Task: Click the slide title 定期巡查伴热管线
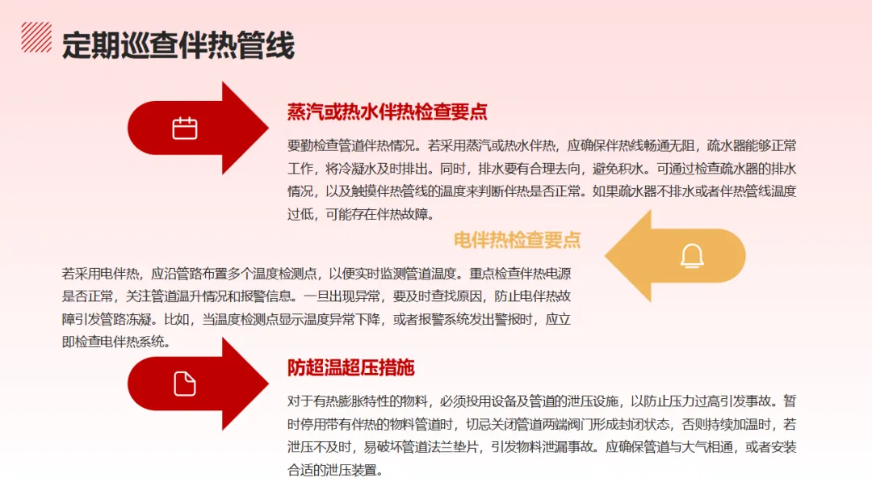178,45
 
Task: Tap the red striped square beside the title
36,37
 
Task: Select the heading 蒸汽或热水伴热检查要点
388,112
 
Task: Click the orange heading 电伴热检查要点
518,239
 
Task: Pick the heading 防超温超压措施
351,368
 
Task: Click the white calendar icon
185,128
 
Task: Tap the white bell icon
692,256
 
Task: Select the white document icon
185,384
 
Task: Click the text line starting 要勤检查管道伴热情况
542,146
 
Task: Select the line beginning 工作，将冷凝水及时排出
542,169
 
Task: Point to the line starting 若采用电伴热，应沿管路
317,273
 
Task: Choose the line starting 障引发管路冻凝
317,319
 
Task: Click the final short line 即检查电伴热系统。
115,342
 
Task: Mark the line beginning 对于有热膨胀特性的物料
542,401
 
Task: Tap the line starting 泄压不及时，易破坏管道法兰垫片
542,447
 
